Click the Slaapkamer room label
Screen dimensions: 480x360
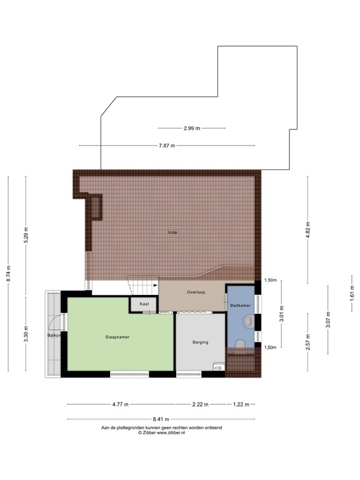(x=117, y=337)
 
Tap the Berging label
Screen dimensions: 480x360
(x=201, y=342)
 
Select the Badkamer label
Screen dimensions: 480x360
(x=240, y=306)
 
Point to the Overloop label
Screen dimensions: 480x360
(x=196, y=292)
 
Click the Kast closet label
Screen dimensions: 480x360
(x=144, y=304)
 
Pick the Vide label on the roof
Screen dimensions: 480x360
(x=172, y=232)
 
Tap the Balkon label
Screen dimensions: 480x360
(x=53, y=336)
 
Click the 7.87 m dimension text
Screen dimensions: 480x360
(x=167, y=146)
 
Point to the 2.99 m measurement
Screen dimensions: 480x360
(x=192, y=128)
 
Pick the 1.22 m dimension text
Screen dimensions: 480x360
(x=241, y=404)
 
